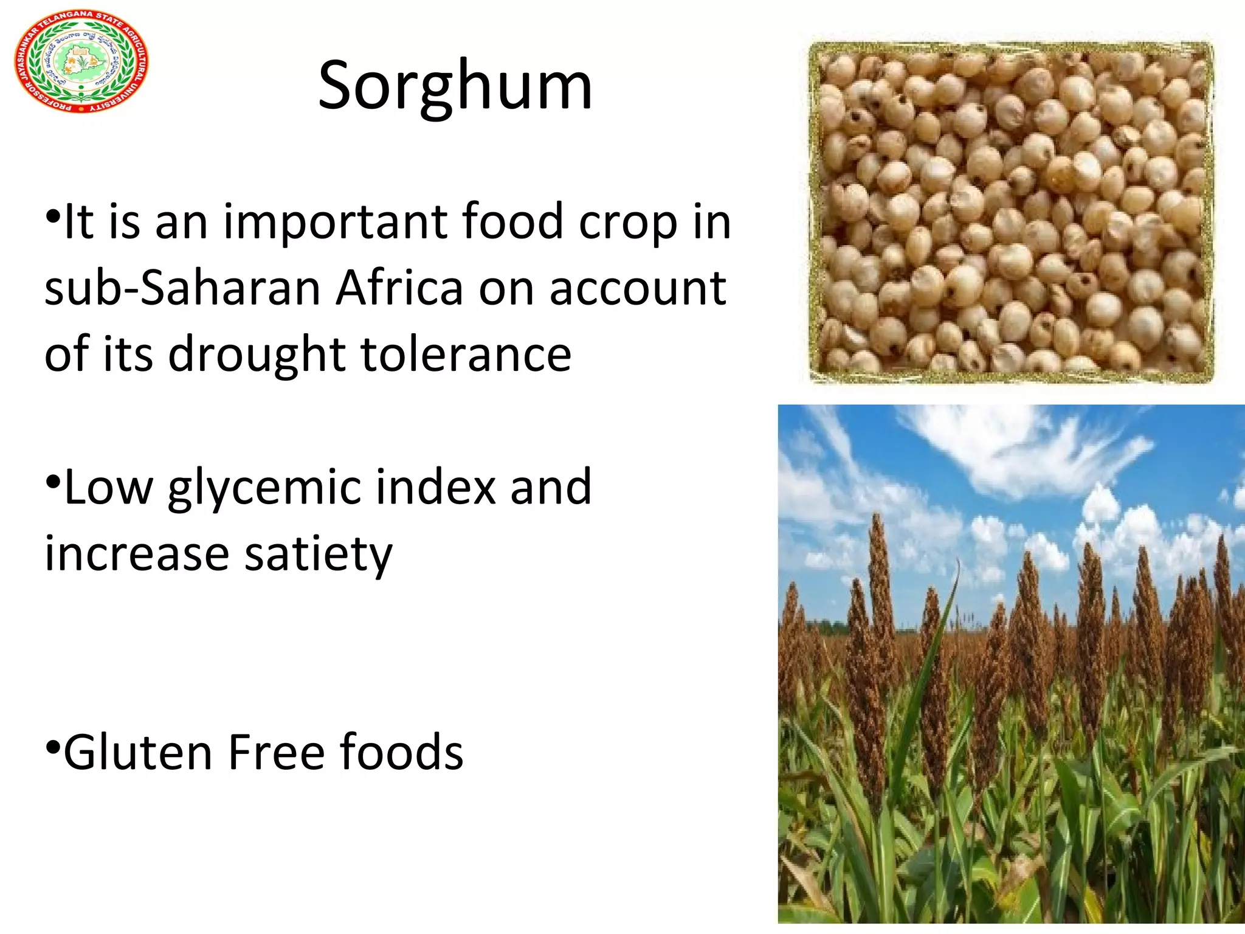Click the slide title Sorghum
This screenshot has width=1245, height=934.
(455, 86)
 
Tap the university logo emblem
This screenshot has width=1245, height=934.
(81, 61)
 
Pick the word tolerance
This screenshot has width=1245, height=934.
(466, 354)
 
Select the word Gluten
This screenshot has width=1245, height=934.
(138, 753)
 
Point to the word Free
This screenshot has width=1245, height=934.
(276, 753)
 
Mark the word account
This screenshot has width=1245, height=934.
(638, 288)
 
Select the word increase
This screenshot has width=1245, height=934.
(137, 554)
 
